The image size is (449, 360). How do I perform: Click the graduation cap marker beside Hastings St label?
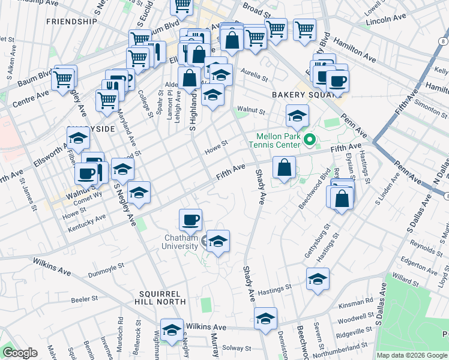click(x=318, y=278)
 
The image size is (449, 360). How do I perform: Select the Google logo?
click(x=19, y=352)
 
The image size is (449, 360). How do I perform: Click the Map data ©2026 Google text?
click(x=412, y=355)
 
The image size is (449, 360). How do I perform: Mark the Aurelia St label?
click(x=255, y=76)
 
